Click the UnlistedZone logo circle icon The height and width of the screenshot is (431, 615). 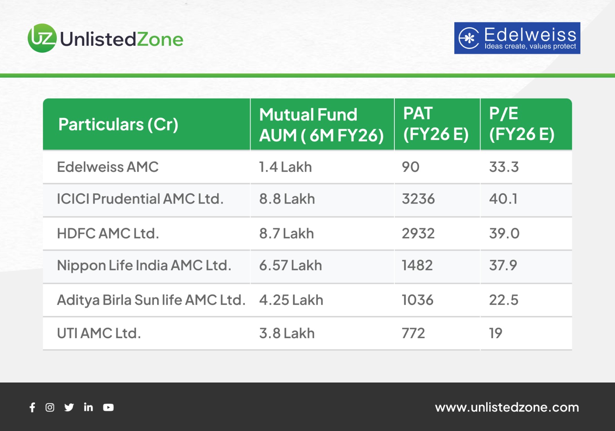click(x=42, y=38)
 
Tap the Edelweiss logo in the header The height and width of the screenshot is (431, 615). click(x=517, y=38)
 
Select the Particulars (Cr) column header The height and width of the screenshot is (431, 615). click(x=118, y=124)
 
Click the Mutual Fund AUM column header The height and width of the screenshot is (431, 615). click(x=321, y=125)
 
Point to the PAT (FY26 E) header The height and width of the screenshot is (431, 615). click(x=436, y=124)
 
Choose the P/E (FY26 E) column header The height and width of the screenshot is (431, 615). click(x=522, y=124)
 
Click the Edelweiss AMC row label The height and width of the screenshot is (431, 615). click(x=108, y=167)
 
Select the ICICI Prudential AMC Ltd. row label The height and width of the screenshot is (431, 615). click(x=140, y=199)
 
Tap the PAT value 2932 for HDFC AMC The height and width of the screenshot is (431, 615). click(x=418, y=233)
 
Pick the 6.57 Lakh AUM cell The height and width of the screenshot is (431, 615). click(x=291, y=265)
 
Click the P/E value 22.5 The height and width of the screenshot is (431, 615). click(x=504, y=300)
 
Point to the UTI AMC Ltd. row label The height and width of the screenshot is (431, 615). click(x=99, y=333)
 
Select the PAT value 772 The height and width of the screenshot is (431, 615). click(x=413, y=333)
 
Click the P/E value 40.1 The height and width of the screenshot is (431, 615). click(x=503, y=199)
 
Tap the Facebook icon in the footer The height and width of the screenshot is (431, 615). click(x=32, y=408)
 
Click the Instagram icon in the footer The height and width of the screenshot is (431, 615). click(x=50, y=408)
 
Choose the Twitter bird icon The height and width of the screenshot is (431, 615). click(x=69, y=408)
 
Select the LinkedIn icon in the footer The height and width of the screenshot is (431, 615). click(x=88, y=407)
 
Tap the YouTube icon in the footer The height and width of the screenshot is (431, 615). click(x=108, y=408)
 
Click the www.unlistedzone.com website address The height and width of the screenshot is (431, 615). click(x=507, y=408)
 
